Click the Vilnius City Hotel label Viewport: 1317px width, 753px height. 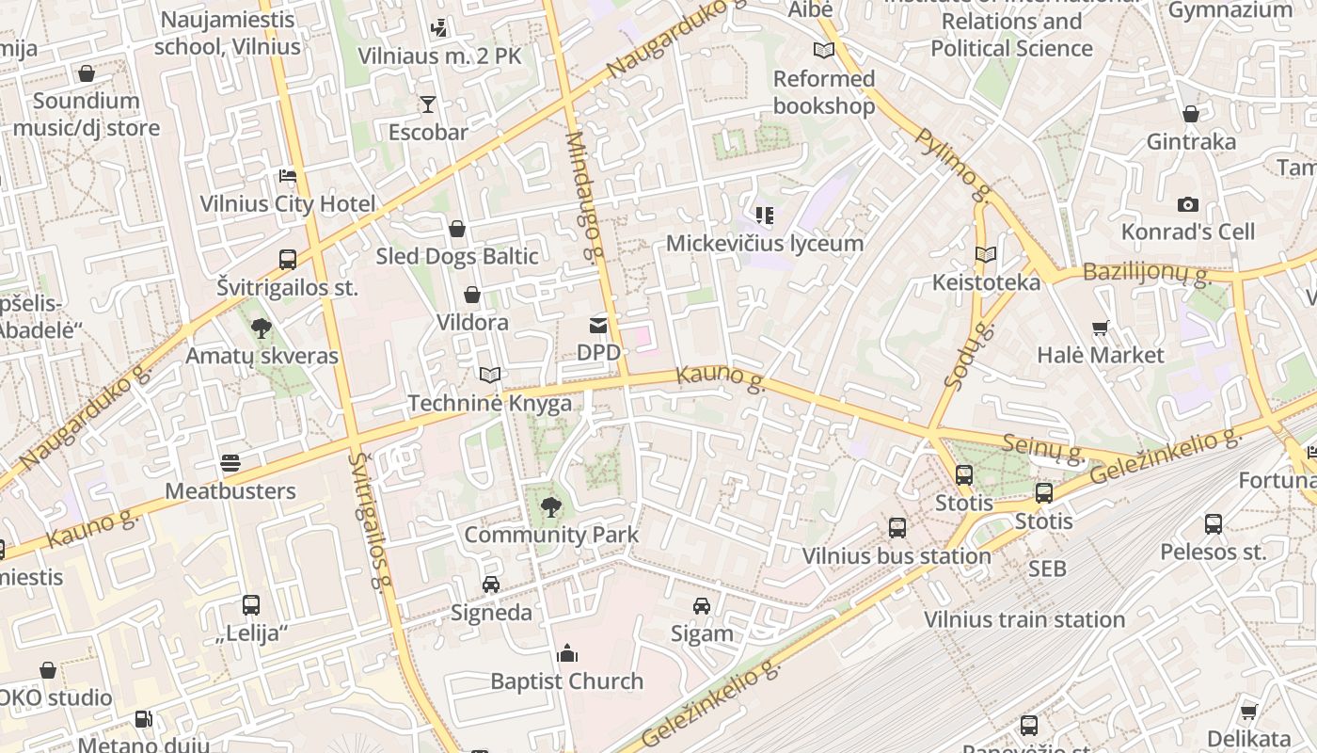pos(287,203)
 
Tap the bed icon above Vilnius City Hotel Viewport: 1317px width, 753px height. pos(288,176)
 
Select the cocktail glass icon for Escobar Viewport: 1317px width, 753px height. pos(428,104)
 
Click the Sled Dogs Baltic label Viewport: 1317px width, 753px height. pos(457,256)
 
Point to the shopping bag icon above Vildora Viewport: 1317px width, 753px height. pos(472,296)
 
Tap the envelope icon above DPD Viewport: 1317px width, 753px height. pos(598,326)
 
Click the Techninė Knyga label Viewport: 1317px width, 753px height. pos(489,403)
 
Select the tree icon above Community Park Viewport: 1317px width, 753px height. pos(551,508)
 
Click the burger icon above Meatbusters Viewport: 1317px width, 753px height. pos(230,463)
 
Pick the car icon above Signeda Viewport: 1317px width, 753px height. pos(491,585)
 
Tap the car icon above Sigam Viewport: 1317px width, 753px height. pos(702,606)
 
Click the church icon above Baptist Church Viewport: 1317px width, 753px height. pos(566,653)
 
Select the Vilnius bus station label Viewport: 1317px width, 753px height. pos(897,556)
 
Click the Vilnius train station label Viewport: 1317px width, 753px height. pos(1024,619)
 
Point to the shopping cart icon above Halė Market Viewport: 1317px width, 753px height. pos(1101,328)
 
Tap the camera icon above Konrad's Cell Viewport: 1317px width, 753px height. pos(1188,204)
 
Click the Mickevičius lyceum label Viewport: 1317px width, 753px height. pos(764,243)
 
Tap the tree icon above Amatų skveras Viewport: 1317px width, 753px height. pos(262,328)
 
